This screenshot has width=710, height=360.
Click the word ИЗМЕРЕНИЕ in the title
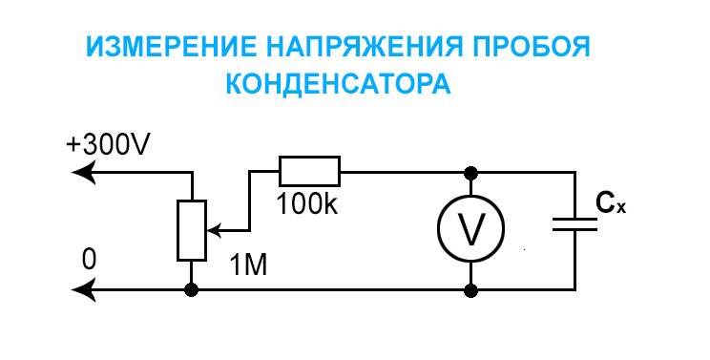[x=165, y=47]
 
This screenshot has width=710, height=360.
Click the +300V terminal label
[x=109, y=144]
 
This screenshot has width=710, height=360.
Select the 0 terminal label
[x=89, y=260]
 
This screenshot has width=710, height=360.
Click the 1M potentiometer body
[x=191, y=230]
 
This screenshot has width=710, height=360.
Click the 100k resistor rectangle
[x=309, y=171]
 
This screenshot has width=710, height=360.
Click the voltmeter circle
[x=470, y=229]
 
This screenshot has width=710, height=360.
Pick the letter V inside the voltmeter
[x=470, y=229]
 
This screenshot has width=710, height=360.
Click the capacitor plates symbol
[x=574, y=225]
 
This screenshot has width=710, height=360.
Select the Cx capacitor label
[x=610, y=202]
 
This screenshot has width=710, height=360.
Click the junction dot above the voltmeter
[x=470, y=172]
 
